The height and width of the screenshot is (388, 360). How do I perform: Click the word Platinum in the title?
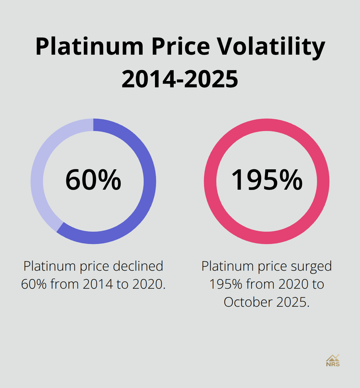click(x=90, y=46)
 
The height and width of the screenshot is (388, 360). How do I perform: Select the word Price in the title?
click(x=180, y=46)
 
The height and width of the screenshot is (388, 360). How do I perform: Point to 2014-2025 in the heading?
click(x=180, y=79)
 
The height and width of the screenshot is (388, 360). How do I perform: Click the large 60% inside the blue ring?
click(x=93, y=180)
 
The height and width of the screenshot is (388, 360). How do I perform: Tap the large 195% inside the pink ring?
click(x=267, y=180)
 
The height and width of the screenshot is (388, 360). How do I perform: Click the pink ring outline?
click(x=210, y=182)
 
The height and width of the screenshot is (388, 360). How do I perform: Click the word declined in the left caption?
click(x=138, y=266)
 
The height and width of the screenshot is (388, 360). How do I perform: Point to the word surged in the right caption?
click(x=311, y=266)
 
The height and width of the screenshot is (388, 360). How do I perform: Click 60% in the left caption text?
click(x=34, y=284)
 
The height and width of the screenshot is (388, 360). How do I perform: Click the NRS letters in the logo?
click(x=333, y=364)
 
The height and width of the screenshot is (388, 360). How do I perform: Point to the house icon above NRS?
click(x=332, y=358)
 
